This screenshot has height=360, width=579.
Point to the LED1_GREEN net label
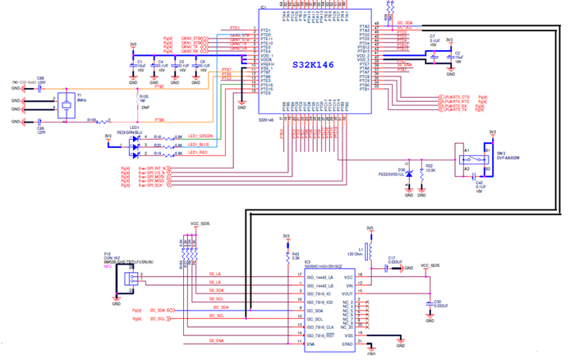coord(200,136)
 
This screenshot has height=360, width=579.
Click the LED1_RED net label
coord(197,152)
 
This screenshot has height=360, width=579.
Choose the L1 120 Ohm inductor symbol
coord(370,247)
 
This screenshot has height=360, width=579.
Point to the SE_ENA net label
coord(216,340)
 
